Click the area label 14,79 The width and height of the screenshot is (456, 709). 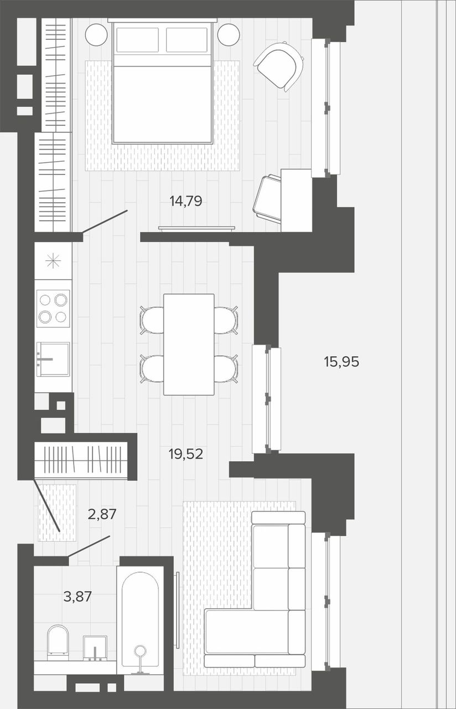pos(186,201)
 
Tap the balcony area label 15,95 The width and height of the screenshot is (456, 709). pos(341,362)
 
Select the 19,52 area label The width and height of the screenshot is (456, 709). pos(185,454)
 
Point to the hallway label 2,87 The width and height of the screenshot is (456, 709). pos(102,514)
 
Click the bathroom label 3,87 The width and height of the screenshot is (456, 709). pos(77,597)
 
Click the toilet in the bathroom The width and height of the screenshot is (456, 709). pos(58,641)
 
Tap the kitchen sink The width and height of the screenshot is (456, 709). pos(53,359)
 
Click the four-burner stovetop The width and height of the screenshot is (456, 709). pos(53,309)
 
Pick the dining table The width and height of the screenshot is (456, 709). pos(189,345)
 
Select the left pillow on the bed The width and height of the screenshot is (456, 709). pos(138,40)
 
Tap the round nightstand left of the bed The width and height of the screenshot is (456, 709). pos(96,34)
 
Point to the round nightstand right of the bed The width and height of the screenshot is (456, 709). pos(229,34)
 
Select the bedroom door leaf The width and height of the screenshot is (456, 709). pos(105,221)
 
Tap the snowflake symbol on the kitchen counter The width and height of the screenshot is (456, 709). pos(53,261)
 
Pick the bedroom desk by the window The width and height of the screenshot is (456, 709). pos(296,200)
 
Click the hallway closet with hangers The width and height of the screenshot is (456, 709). pos(81,459)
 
